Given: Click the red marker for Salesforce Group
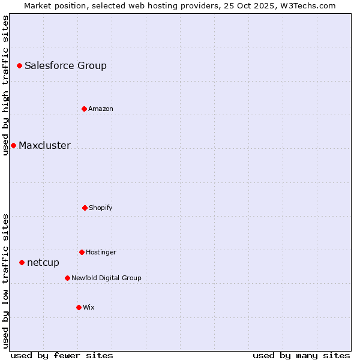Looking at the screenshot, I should pyautogui.click(x=19, y=65).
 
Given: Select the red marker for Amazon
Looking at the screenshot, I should pyautogui.click(x=84, y=109).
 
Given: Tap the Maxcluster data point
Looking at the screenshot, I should pyautogui.click(x=13, y=145).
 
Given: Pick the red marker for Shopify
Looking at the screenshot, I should pyautogui.click(x=85, y=208).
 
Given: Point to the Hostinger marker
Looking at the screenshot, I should pyautogui.click(x=82, y=252).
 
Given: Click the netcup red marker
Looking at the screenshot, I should pyautogui.click(x=22, y=262).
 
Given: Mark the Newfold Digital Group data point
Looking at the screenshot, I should pyautogui.click(x=67, y=278).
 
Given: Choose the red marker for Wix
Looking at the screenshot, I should pyautogui.click(x=79, y=307).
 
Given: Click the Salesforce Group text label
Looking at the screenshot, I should pyautogui.click(x=65, y=65).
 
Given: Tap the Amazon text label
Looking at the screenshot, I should pyautogui.click(x=101, y=109).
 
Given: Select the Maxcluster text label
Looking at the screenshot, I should pyautogui.click(x=44, y=145).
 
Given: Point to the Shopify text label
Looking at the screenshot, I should pyautogui.click(x=101, y=208).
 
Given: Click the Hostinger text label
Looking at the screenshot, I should pyautogui.click(x=101, y=252).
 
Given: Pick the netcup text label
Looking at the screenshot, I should pyautogui.click(x=43, y=262).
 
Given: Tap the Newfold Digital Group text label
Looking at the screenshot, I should pyautogui.click(x=106, y=278).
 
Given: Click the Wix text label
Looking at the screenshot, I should pyautogui.click(x=89, y=307).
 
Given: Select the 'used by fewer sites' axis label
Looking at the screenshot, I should pyautogui.click(x=62, y=355).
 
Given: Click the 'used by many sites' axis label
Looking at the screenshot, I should pyautogui.click(x=301, y=355).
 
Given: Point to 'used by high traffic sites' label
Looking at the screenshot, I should pyautogui.click(x=5, y=85).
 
